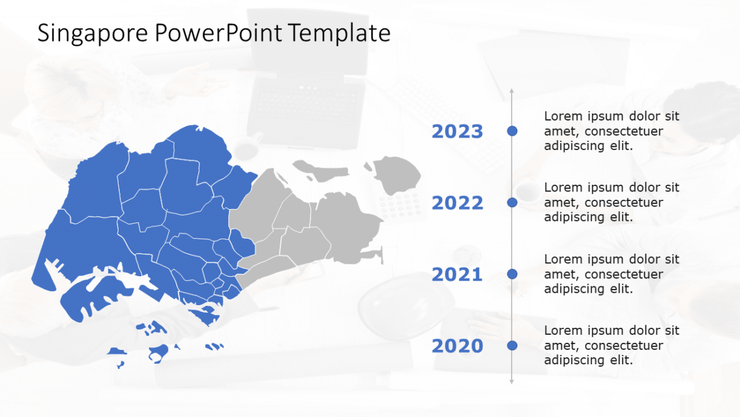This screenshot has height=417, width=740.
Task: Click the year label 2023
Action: [x=457, y=132]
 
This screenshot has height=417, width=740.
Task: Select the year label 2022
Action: [x=457, y=203]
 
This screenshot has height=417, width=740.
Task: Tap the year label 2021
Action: [x=457, y=275]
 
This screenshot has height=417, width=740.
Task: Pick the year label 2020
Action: [x=457, y=347]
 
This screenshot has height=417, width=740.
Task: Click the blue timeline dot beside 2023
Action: [x=512, y=131]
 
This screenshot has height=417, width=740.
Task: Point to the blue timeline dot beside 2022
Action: [x=512, y=202]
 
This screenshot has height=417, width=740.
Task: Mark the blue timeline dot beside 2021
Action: [x=512, y=274]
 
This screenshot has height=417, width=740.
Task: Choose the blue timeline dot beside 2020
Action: [x=512, y=345]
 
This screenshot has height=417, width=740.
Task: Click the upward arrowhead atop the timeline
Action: [x=512, y=92]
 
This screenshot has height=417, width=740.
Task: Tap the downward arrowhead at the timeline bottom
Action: [x=512, y=381]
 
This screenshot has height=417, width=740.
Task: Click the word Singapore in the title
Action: [x=93, y=33]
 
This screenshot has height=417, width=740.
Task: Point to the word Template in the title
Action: [x=339, y=33]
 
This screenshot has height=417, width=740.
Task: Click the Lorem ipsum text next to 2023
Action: [x=611, y=131]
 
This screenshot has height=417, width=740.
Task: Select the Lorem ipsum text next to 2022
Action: [x=611, y=203]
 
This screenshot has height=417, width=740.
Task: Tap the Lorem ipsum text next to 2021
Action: [x=611, y=274]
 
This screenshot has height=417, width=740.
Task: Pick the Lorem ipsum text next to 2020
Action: [x=611, y=346]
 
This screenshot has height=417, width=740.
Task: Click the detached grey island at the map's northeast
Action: [x=398, y=174]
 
